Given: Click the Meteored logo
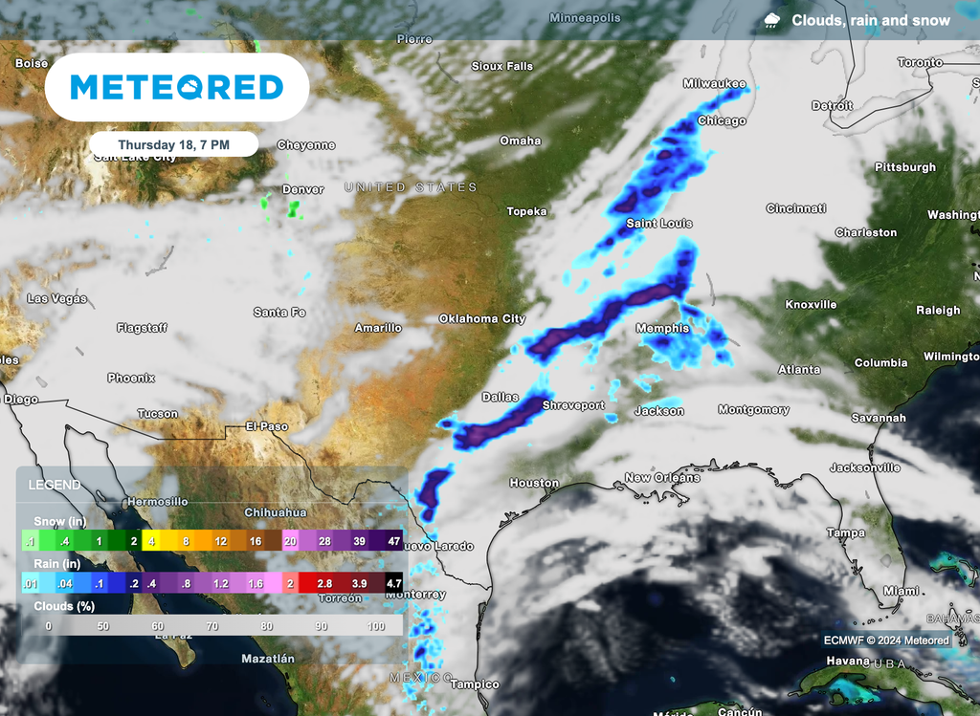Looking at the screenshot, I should (x=177, y=88).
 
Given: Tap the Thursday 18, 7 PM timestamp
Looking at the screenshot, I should (x=173, y=144).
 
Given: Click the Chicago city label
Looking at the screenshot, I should (x=722, y=121).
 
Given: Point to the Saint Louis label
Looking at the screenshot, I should (x=658, y=224).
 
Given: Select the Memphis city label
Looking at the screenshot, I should (x=662, y=329).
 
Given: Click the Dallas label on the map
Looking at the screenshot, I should (x=501, y=397).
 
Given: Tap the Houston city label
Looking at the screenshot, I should (x=533, y=483).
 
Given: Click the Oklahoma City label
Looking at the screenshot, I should (x=482, y=318).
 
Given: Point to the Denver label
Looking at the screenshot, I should (x=303, y=189).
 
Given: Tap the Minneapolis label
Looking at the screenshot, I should (x=585, y=18).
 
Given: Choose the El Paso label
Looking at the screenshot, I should (x=267, y=425).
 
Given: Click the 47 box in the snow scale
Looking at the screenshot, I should (x=392, y=541).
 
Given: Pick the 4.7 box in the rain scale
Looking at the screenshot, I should (x=392, y=582).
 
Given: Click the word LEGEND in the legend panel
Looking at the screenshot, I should (x=55, y=485).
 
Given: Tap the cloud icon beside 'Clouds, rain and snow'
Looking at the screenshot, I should (x=771, y=20).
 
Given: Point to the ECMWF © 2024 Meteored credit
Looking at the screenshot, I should (x=886, y=640).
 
